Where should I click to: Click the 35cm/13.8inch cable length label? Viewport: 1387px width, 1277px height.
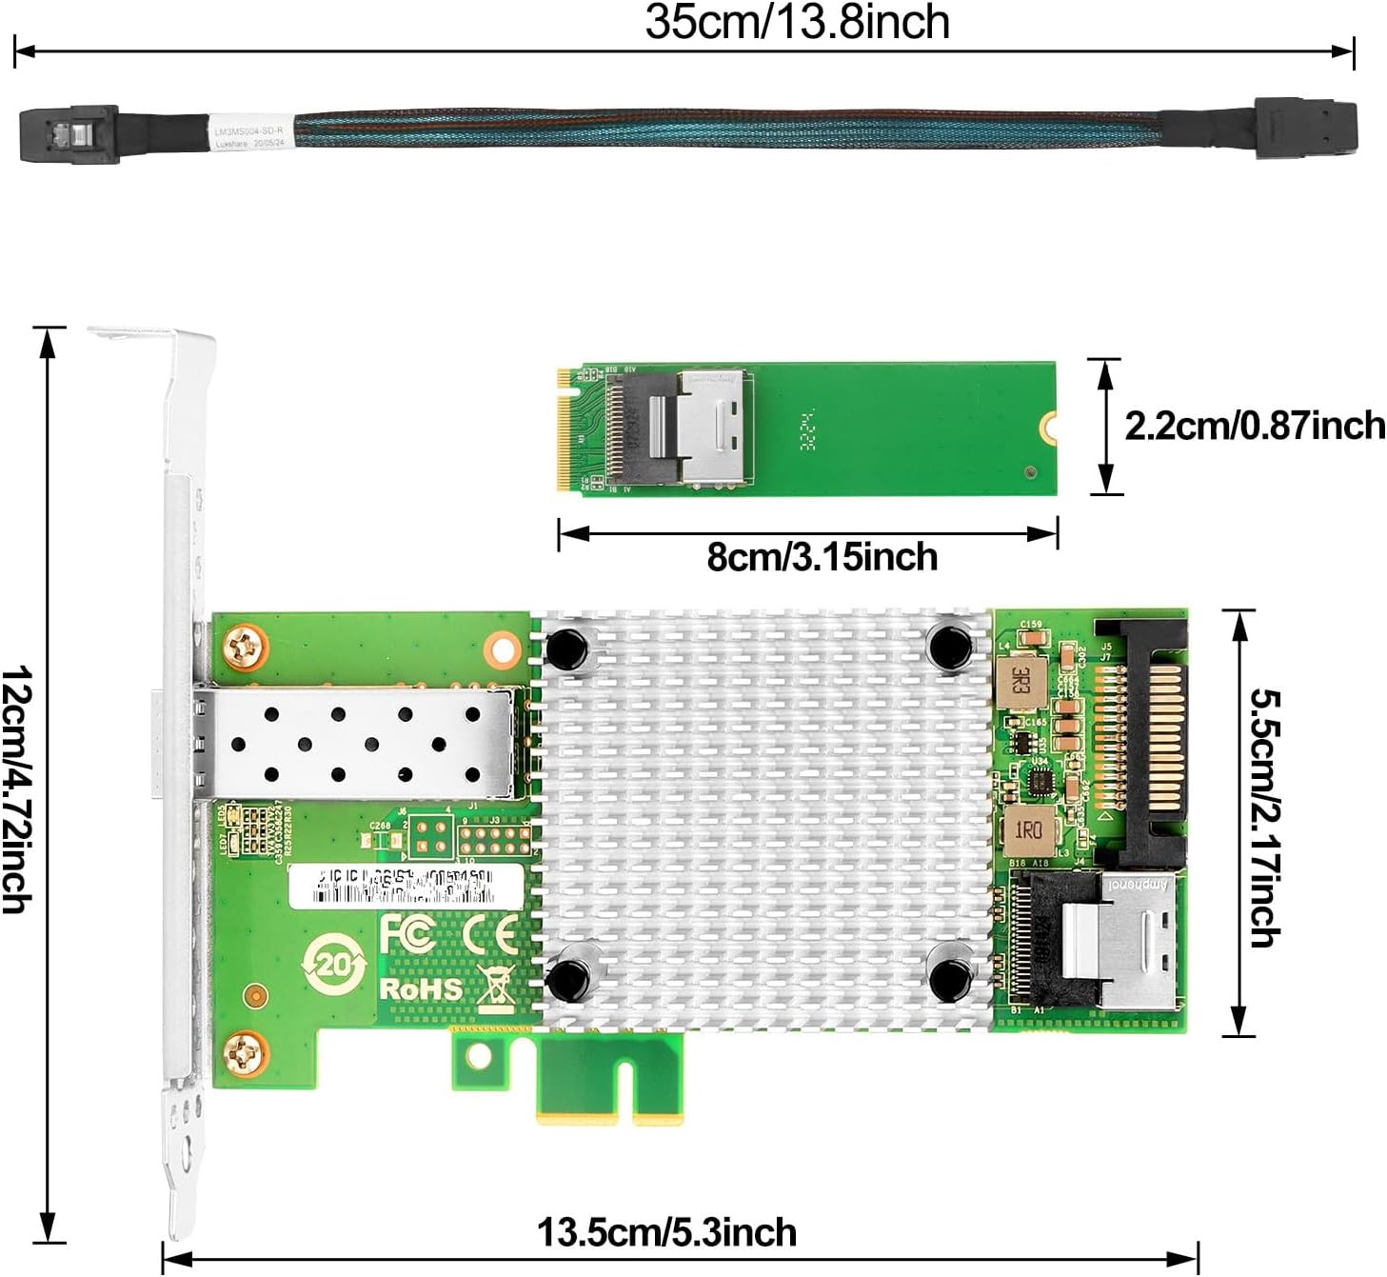tap(797, 23)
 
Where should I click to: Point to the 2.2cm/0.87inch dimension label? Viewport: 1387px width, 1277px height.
tap(1254, 426)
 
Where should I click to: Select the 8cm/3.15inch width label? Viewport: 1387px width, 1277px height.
tap(822, 557)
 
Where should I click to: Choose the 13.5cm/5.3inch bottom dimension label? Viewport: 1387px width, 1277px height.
tap(666, 1232)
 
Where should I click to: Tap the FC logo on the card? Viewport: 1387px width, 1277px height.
tap(407, 933)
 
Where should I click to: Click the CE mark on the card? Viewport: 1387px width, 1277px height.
tap(489, 935)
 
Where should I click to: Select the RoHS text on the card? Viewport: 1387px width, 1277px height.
tap(421, 988)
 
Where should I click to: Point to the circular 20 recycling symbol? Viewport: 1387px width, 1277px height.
tap(333, 966)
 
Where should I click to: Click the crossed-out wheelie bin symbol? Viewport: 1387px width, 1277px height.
tap(496, 988)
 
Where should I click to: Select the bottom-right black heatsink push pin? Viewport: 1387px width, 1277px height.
tap(949, 979)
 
